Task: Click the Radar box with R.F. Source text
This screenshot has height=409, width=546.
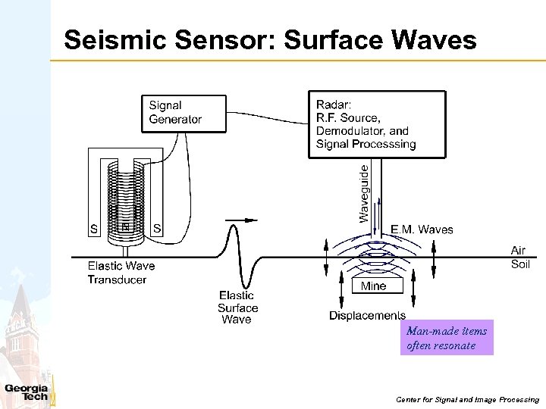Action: click(x=377, y=124)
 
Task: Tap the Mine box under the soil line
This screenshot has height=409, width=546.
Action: click(x=373, y=286)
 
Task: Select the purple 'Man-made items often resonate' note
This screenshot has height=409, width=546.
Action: click(x=447, y=338)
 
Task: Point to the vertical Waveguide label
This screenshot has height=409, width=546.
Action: click(x=364, y=194)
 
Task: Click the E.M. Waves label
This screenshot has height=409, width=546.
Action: click(x=422, y=229)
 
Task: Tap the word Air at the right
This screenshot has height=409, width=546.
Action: click(x=518, y=250)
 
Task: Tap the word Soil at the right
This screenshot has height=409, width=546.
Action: click(x=520, y=264)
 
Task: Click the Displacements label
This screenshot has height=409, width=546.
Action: click(x=367, y=315)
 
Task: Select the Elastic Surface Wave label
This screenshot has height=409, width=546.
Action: click(x=237, y=308)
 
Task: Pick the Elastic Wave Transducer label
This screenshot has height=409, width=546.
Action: click(x=121, y=273)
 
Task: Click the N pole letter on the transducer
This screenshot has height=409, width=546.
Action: click(x=126, y=226)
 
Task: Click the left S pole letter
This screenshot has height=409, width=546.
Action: click(x=94, y=229)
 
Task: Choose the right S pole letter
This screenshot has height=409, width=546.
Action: click(x=157, y=228)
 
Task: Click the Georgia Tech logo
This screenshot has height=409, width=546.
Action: click(x=27, y=392)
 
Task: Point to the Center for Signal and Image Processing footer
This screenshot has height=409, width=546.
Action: click(x=466, y=399)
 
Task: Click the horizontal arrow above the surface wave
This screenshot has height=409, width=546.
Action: click(x=240, y=220)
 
